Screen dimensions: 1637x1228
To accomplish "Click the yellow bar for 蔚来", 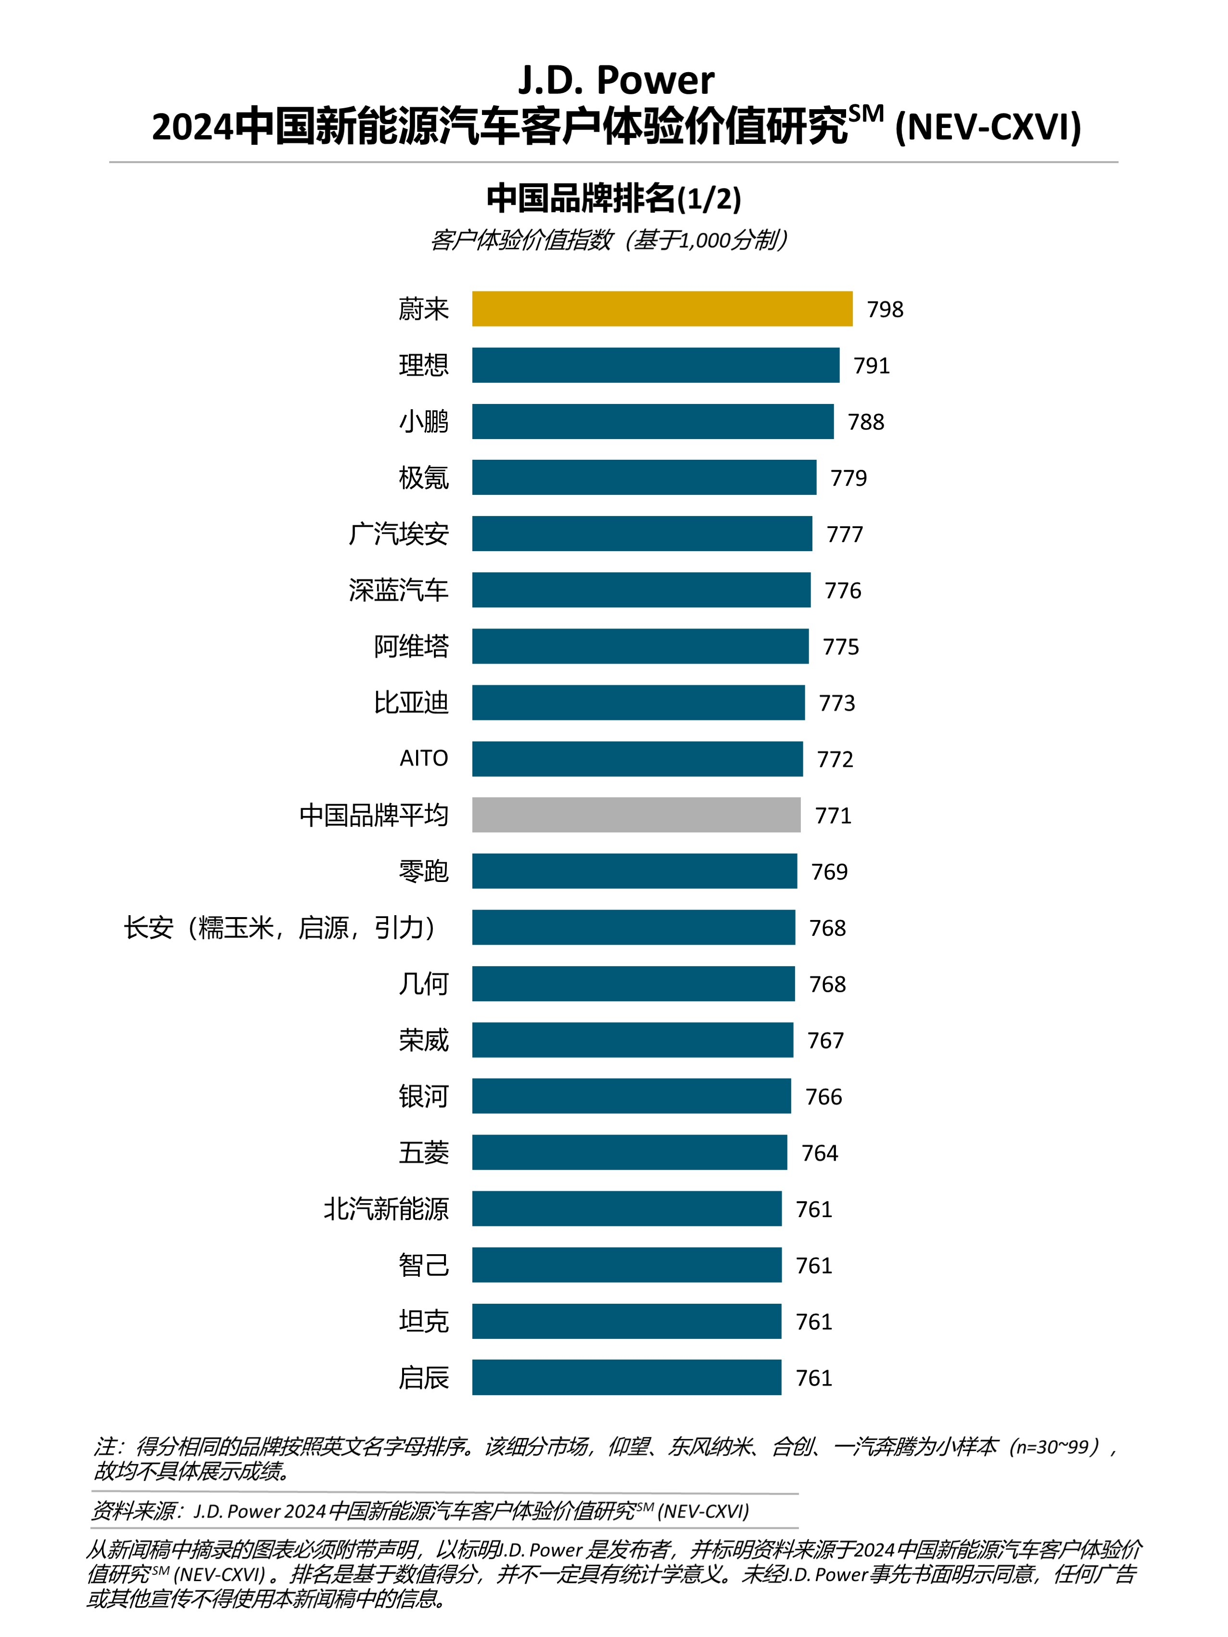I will click(662, 309).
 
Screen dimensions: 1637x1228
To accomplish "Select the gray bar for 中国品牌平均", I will click(636, 815).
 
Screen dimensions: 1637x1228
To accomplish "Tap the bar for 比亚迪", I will click(638, 702).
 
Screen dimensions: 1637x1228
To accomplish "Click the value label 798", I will click(885, 309).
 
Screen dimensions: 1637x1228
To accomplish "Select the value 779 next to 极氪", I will click(848, 478).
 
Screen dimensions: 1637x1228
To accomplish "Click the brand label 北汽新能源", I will click(386, 1209).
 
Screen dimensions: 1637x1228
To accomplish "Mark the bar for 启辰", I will click(626, 1377).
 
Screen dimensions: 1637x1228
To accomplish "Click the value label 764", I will click(820, 1153).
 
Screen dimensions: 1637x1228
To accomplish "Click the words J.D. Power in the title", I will click(615, 80).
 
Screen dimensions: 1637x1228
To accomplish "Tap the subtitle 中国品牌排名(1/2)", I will click(614, 198).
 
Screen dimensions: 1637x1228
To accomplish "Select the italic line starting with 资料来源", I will click(420, 1511).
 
